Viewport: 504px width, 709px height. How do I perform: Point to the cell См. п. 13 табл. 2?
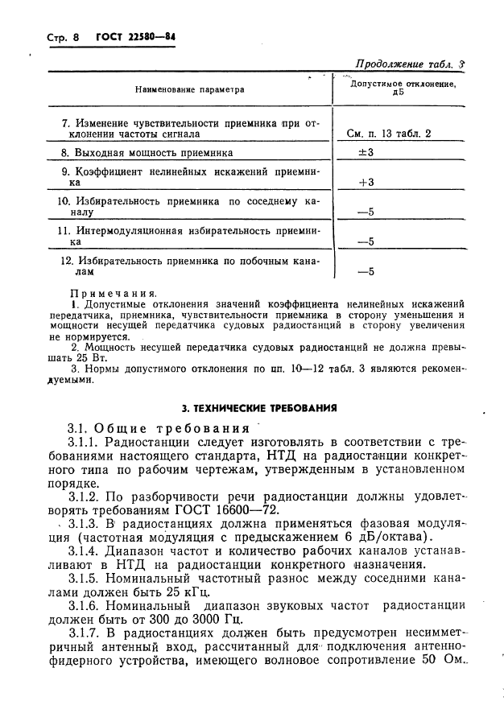click(x=389, y=134)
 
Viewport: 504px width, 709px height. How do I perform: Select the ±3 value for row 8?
click(x=366, y=152)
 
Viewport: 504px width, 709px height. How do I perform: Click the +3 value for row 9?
click(x=366, y=183)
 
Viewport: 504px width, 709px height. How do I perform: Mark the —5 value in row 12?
click(x=366, y=272)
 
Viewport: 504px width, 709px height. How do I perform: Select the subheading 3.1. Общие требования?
click(x=159, y=427)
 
